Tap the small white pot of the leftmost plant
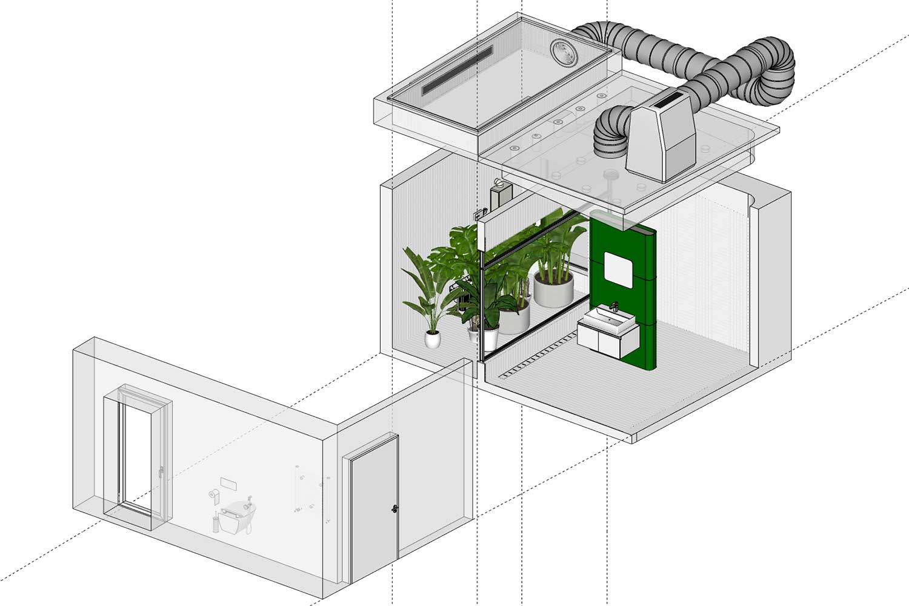pyautogui.click(x=432, y=339)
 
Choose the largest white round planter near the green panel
pyautogui.click(x=553, y=288)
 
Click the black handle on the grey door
pyautogui.click(x=395, y=508)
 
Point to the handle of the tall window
pyautogui.click(x=161, y=471)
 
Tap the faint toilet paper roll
pyautogui.click(x=213, y=493)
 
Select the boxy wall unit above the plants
pyautogui.click(x=501, y=195)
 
